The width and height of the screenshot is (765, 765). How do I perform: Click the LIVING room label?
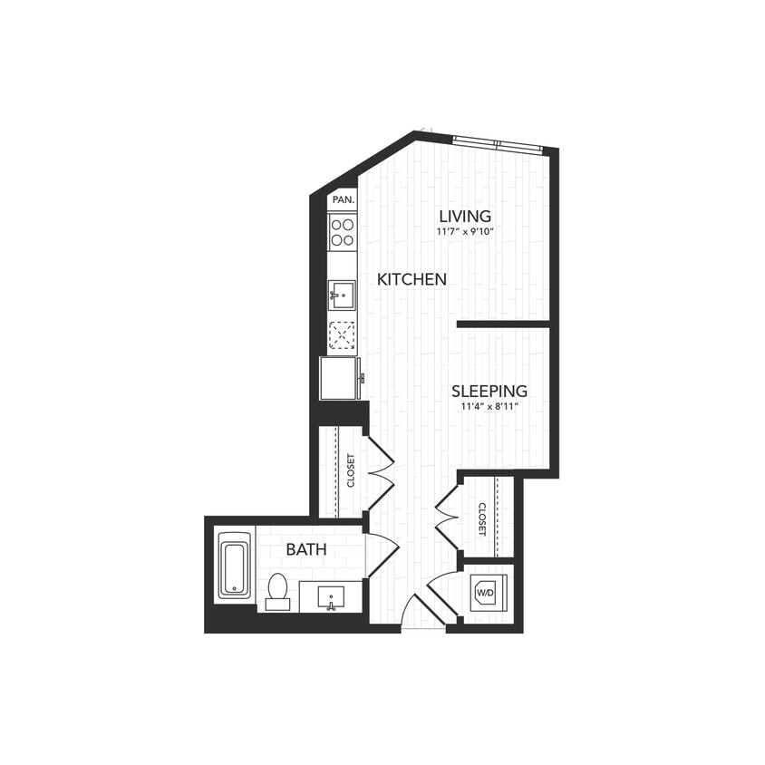tap(465, 216)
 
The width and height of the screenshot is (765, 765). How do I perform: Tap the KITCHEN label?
tap(412, 279)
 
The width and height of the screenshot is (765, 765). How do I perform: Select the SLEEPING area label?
tap(489, 392)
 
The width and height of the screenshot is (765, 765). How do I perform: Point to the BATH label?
tap(306, 549)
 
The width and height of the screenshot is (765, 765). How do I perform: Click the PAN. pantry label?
tap(343, 199)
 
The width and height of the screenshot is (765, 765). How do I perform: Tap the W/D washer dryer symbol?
tap(486, 594)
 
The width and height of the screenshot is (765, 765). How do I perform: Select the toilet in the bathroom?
tap(277, 591)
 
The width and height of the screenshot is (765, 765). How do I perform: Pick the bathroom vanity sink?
tap(332, 597)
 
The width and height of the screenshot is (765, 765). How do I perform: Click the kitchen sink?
tap(343, 294)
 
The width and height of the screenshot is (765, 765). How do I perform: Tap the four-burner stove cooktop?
tap(343, 232)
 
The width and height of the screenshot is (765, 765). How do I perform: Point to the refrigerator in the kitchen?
tap(341, 378)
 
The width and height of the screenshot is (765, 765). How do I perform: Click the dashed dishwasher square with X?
tap(342, 335)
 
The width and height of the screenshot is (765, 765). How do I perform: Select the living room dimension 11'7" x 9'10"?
tap(465, 232)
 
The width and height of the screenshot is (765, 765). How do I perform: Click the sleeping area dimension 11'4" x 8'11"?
tap(489, 407)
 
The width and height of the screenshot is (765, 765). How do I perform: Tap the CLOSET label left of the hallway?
tap(351, 470)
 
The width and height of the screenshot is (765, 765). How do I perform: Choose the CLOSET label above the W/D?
tap(482, 518)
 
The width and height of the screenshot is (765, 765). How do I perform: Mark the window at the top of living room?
tap(497, 141)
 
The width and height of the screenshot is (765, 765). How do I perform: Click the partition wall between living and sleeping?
tap(504, 324)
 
